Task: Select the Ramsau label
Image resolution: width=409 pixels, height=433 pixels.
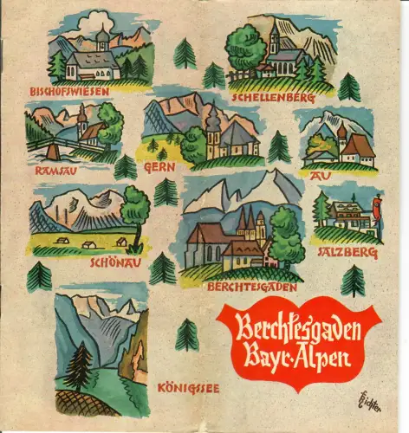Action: click(54, 171)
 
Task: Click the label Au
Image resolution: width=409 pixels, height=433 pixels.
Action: click(315, 173)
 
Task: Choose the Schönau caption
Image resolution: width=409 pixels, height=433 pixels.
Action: click(111, 257)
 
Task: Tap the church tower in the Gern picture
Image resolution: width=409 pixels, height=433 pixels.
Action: click(213, 130)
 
